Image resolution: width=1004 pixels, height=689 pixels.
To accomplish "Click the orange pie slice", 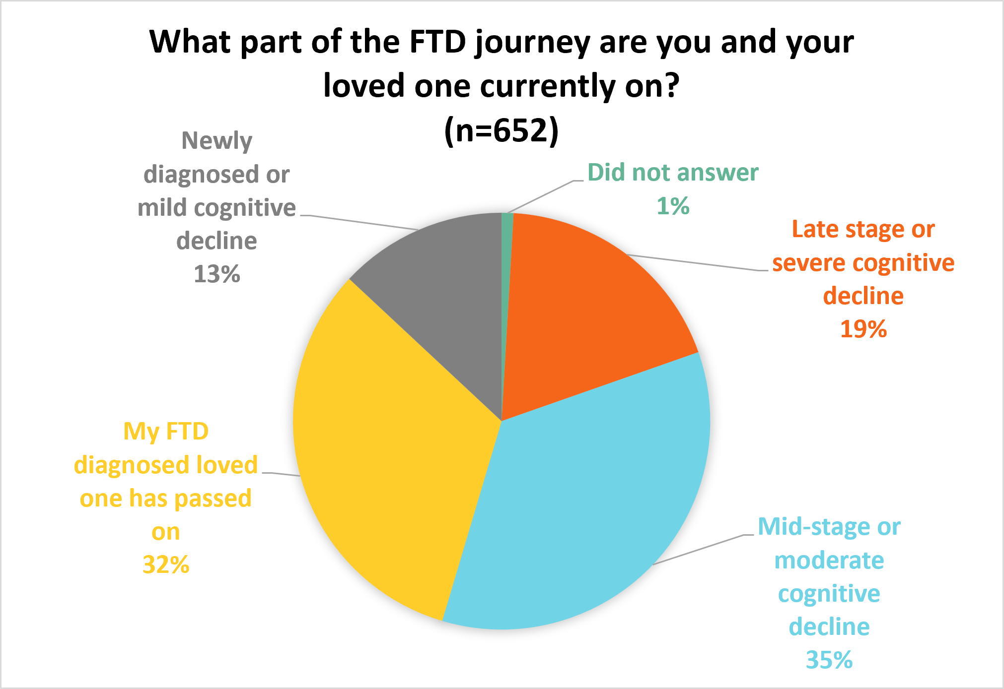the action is (x=591, y=317).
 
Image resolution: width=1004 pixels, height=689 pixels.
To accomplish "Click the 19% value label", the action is (x=863, y=329).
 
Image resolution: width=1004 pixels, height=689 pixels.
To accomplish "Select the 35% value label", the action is (x=829, y=660).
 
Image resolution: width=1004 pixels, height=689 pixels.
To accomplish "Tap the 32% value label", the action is (x=166, y=564).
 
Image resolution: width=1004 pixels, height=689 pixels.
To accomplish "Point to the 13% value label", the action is (x=217, y=274).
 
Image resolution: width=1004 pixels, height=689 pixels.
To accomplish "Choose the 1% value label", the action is (x=673, y=206).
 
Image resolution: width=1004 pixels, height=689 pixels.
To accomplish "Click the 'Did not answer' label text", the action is (x=673, y=173).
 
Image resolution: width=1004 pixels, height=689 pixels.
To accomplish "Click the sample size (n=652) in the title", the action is (x=502, y=130).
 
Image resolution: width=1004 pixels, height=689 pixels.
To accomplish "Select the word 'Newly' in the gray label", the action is (x=217, y=141).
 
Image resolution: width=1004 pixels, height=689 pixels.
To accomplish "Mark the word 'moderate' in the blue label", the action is (x=829, y=561).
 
